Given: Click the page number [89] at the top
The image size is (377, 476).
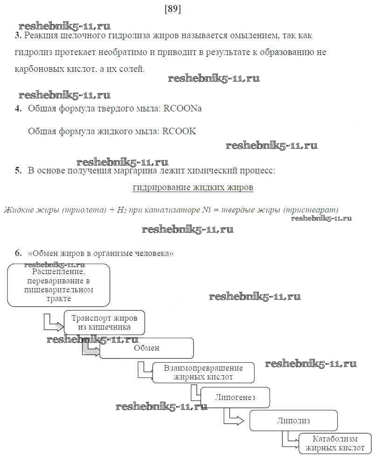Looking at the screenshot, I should point(173,9).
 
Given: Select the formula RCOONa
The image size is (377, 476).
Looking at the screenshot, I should point(183,109).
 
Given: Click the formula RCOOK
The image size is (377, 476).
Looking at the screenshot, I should point(179,131).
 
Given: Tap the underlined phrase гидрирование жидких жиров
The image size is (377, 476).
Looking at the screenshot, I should point(193,188).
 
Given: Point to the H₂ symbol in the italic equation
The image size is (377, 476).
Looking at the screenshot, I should point(121,210).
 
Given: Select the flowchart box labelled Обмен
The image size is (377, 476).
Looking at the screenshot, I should point(147,348).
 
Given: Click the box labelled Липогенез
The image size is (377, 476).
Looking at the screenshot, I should point(235,398).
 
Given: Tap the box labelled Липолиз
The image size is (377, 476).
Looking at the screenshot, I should point(293,421).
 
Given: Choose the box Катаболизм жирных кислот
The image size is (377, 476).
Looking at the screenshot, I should point(335,443).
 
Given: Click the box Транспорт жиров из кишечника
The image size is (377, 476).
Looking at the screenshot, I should point(104,323).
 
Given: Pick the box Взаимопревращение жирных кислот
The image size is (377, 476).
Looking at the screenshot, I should point(203,373).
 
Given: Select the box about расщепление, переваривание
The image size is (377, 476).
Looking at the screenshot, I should point(59,285).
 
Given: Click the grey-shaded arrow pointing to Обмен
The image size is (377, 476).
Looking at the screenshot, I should point(91,349).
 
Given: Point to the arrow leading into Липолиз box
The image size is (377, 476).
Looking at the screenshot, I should point(233,418).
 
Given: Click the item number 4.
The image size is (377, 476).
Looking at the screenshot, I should point(18,109).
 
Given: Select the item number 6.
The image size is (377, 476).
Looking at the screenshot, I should point(18,253).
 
